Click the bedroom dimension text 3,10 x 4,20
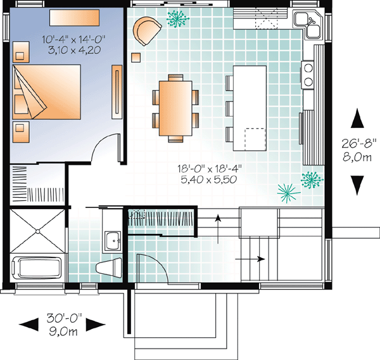74,51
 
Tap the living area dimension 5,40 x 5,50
208,179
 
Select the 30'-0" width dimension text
65,318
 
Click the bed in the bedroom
46,92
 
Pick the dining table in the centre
175,108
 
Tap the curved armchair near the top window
147,30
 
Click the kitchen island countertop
250,108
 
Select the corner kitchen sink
308,24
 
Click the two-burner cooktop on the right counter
308,75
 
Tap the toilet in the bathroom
109,267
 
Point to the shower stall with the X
37,231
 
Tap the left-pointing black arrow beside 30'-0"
28,325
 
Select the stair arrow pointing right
250,259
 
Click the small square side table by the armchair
136,58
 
